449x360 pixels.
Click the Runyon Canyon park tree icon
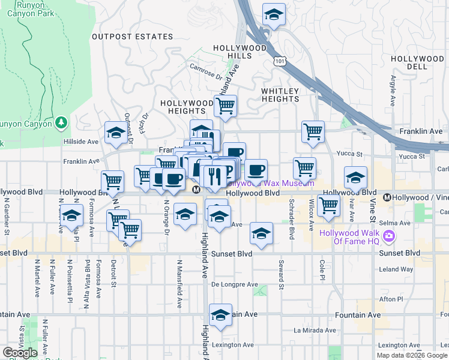coord(61,123)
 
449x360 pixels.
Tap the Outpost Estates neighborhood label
coord(132,37)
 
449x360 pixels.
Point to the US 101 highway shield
coord(279,61)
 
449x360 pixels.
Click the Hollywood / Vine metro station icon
coord(387,197)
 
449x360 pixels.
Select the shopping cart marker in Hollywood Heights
coord(225,106)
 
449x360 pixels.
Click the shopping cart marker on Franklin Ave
coord(313,131)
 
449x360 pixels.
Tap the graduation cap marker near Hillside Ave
coord(115,133)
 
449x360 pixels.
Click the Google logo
coord(20,352)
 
